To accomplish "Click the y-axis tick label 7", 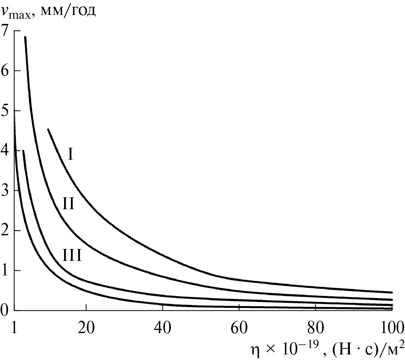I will tap(5, 30).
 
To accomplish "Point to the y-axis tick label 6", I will tap(5, 70).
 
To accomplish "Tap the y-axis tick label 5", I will tap(5, 110).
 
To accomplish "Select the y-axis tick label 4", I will tap(5, 150).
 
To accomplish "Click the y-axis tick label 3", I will tap(5, 190).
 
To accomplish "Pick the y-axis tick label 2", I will tap(5, 231).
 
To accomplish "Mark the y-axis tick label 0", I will tap(5, 310).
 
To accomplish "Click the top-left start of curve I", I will tap(48, 129).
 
